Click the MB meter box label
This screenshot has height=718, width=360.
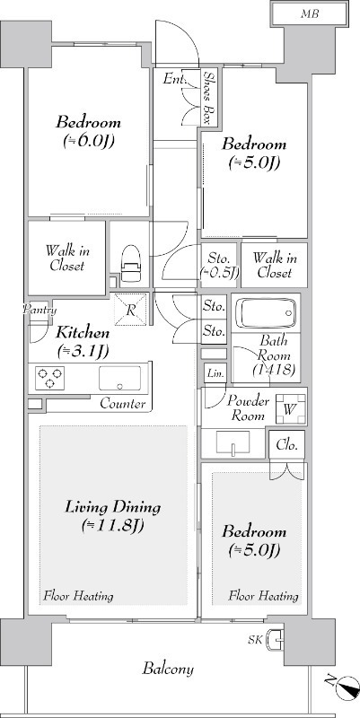click(x=309, y=13)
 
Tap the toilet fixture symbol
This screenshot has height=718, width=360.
click(x=130, y=264)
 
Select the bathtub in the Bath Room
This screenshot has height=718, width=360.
click(x=266, y=312)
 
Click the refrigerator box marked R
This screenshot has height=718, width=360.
click(x=130, y=310)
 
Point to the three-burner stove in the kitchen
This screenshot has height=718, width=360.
click(x=49, y=378)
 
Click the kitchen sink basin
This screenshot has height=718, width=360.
click(x=120, y=378)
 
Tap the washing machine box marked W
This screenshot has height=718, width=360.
click(x=289, y=408)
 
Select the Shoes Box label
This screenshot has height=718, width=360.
click(x=210, y=98)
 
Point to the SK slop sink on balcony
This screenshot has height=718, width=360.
click(x=277, y=638)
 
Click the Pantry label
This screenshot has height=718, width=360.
click(x=40, y=310)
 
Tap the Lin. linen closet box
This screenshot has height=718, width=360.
click(x=215, y=373)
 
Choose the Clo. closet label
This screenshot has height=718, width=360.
click(x=286, y=444)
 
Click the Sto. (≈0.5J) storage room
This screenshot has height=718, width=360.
click(x=220, y=266)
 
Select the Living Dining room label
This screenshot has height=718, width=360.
click(x=113, y=507)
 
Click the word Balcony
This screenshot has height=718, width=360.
click(x=168, y=669)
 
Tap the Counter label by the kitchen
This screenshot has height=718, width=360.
click(x=123, y=403)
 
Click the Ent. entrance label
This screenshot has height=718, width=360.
click(x=174, y=79)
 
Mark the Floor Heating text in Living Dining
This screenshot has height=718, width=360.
click(x=78, y=596)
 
